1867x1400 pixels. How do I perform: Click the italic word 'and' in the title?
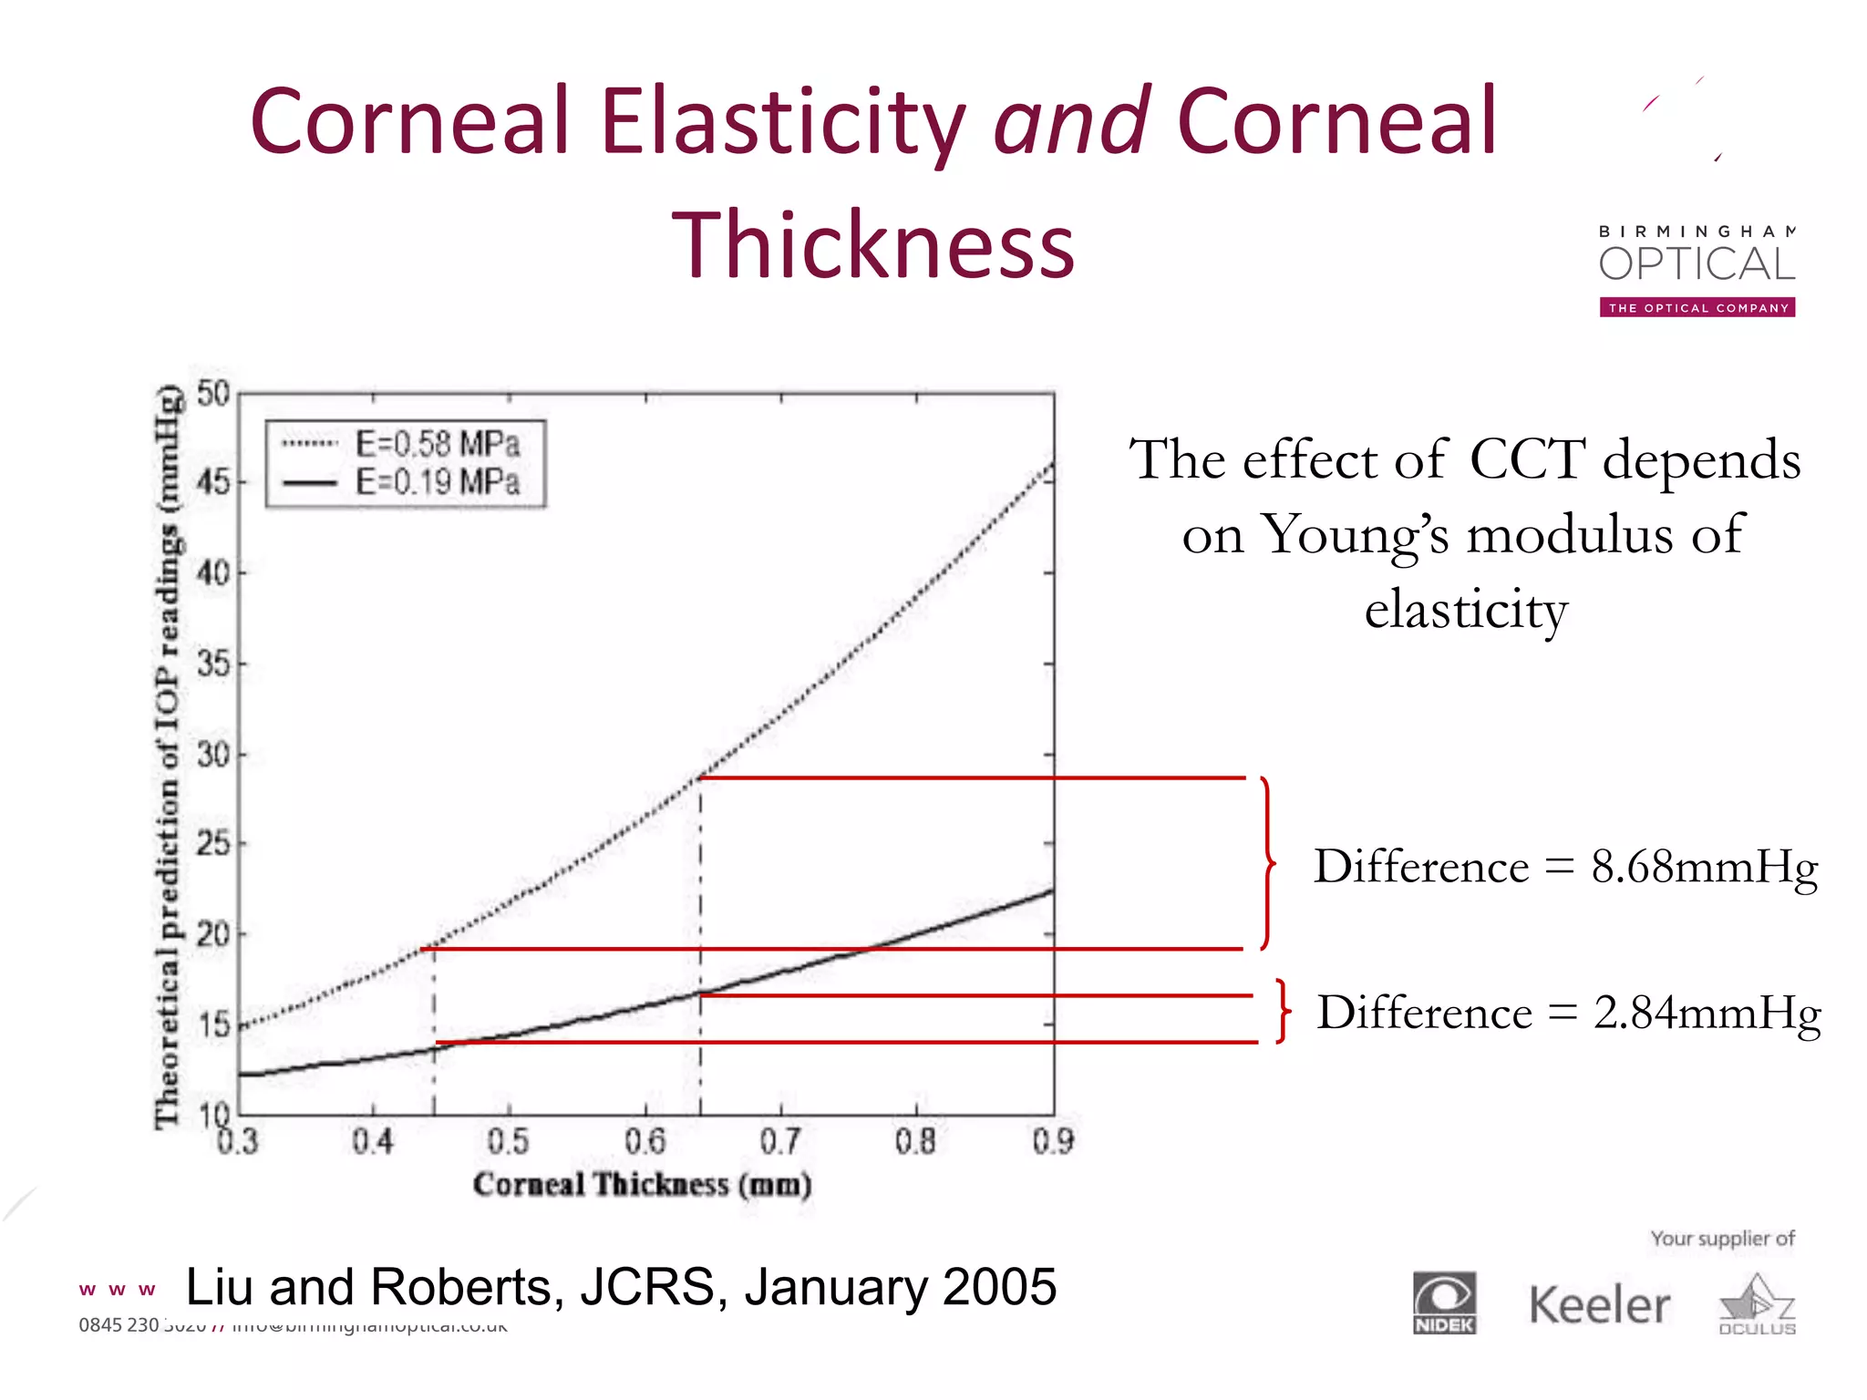coord(1071,121)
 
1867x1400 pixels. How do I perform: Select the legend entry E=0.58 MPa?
coord(437,445)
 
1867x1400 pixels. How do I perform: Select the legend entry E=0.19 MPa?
coord(437,482)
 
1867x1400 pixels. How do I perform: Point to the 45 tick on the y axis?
coord(213,481)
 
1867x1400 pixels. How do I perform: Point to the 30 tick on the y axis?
coord(213,755)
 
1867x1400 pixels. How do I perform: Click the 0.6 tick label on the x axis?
coord(645,1141)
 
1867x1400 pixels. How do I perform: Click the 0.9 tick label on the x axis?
coord(1053,1141)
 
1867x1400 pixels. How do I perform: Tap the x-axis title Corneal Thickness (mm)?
coord(642,1185)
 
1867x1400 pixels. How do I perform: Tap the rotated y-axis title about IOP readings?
coord(168,757)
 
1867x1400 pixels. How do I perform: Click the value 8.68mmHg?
coord(1704,866)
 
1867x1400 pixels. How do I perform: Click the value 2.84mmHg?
coord(1707,1013)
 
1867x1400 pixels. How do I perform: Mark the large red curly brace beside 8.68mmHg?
coord(1267,862)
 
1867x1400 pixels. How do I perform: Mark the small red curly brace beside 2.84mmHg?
coord(1283,1011)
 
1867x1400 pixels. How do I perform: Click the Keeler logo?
coord(1599,1305)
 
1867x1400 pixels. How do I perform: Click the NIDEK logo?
coord(1444,1303)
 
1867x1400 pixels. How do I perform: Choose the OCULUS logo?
coord(1757,1305)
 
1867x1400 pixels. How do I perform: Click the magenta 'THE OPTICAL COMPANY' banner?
coord(1697,308)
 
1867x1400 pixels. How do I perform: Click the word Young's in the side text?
coord(1356,535)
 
